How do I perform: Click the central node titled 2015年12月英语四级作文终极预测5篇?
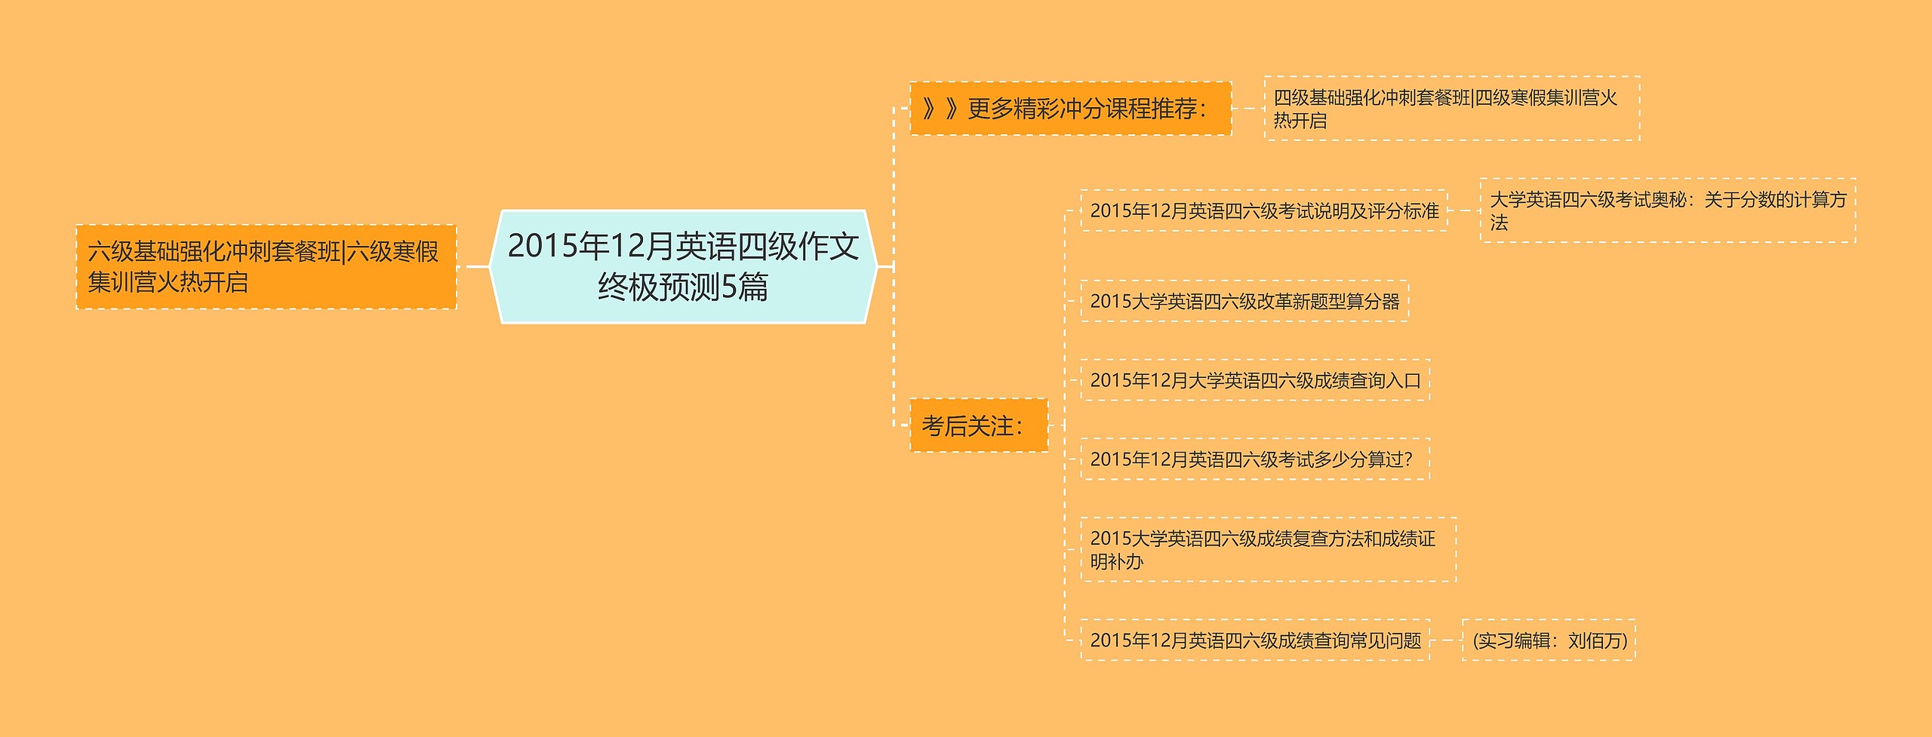pyautogui.click(x=683, y=266)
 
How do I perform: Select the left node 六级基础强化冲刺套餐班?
pyautogui.click(x=266, y=266)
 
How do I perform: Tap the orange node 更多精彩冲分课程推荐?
pyautogui.click(x=1070, y=109)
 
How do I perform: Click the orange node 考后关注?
pyautogui.click(x=978, y=425)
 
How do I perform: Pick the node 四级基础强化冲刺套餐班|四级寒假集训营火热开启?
pyautogui.click(x=1451, y=109)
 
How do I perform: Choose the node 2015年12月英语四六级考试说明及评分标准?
pyautogui.click(x=1263, y=210)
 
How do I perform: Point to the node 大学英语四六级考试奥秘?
pyautogui.click(x=1667, y=210)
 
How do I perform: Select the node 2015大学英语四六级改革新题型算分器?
pyautogui.click(x=1244, y=301)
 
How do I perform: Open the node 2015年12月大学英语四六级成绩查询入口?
pyautogui.click(x=1254, y=380)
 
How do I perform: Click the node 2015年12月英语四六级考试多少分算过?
pyautogui.click(x=1254, y=459)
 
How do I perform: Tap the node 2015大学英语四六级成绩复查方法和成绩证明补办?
pyautogui.click(x=1267, y=549)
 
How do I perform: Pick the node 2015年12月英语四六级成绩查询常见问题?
pyautogui.click(x=1254, y=640)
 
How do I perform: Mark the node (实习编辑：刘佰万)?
pyautogui.click(x=1549, y=640)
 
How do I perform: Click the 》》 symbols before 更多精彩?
pyautogui.click(x=940, y=109)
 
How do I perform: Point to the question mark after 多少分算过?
pyautogui.click(x=1407, y=459)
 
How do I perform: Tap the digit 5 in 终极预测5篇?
pyautogui.click(x=729, y=287)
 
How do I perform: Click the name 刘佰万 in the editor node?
pyautogui.click(x=1594, y=640)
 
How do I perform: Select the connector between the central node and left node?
pyautogui.click(x=476, y=266)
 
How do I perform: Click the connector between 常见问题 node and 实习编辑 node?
pyautogui.click(x=1446, y=640)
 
